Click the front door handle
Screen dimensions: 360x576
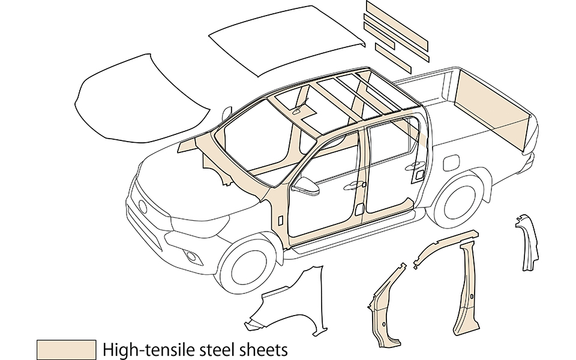(348, 187)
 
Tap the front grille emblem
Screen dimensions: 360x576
(142, 206)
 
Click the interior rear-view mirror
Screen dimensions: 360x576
(298, 110)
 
